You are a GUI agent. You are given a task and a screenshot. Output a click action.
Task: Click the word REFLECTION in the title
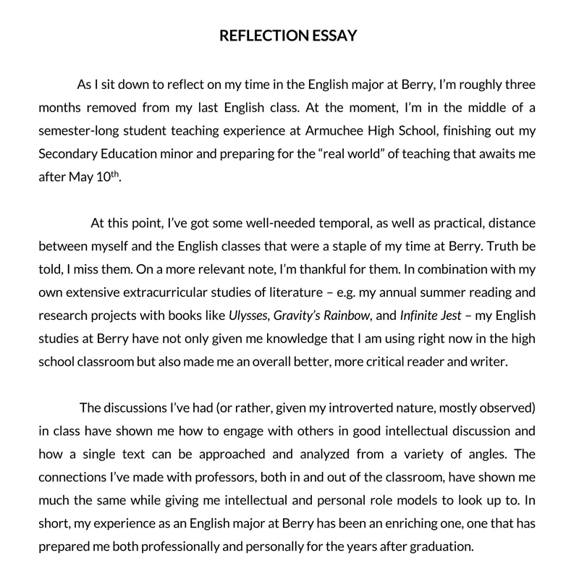[258, 35]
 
